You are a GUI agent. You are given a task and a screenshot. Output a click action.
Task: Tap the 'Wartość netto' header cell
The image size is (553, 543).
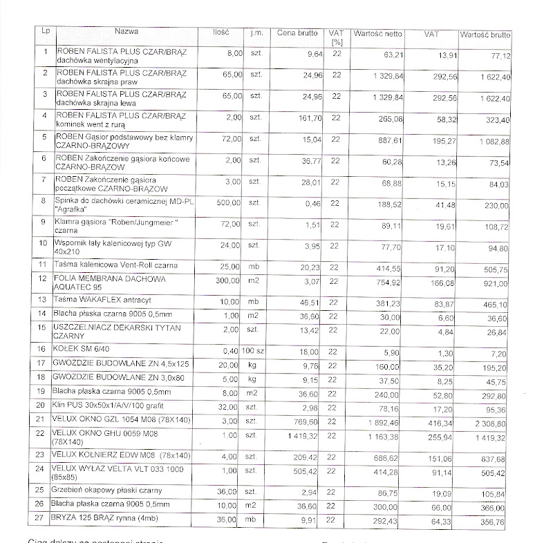point(377,33)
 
